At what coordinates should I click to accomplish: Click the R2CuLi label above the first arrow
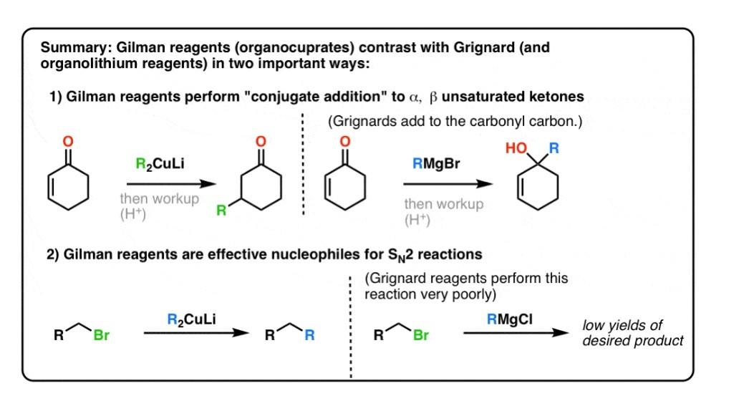160,164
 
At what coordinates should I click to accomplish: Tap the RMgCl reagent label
510,320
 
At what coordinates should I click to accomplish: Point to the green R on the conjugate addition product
221,211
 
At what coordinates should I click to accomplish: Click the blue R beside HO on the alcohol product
554,149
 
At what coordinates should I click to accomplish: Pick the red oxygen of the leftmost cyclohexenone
69,141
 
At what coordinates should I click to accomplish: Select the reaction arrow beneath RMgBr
445,184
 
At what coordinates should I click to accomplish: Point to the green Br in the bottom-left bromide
102,334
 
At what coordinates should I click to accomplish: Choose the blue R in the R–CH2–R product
309,334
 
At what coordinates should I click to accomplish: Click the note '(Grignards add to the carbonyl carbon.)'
455,122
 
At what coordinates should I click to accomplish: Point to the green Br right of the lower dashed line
420,334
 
